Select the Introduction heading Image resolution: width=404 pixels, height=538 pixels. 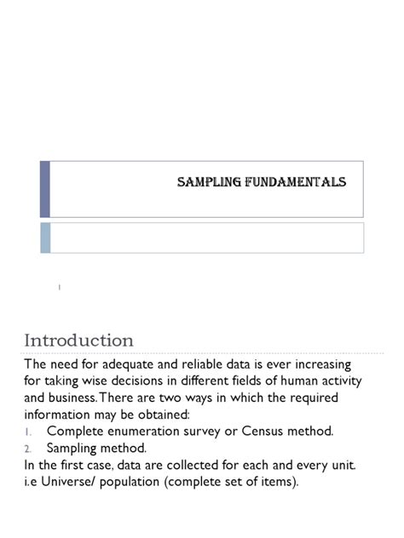pyautogui.click(x=78, y=341)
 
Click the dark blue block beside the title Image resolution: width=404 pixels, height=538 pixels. pyautogui.click(x=45, y=188)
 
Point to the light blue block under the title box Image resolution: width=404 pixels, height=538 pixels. pyautogui.click(x=45, y=238)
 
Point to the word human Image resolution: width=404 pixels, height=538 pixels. pyautogui.click(x=289, y=381)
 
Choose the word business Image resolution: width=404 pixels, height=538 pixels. pyautogui.click(x=79, y=398)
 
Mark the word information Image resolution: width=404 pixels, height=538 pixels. pyautogui.click(x=61, y=415)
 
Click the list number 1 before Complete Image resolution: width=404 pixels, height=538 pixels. pyautogui.click(x=28, y=432)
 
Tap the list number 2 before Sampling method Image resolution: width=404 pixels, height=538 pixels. pyautogui.click(x=28, y=448)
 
